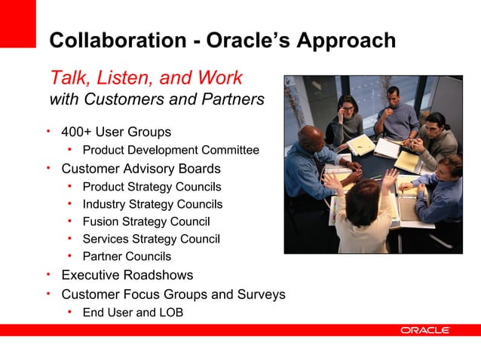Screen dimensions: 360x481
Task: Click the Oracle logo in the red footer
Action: coord(425,330)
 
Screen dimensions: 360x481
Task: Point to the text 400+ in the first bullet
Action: coord(76,132)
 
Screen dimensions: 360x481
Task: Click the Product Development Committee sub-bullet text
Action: coord(170,150)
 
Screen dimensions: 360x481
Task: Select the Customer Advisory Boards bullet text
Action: coord(141,168)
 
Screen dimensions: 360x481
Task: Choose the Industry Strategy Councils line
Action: coord(152,203)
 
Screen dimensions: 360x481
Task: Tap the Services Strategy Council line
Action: coord(151,239)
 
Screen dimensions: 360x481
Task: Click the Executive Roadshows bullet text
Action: coord(127,275)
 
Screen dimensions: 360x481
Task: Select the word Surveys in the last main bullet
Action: coord(262,294)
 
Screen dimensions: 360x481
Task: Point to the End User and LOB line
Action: coord(133,312)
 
